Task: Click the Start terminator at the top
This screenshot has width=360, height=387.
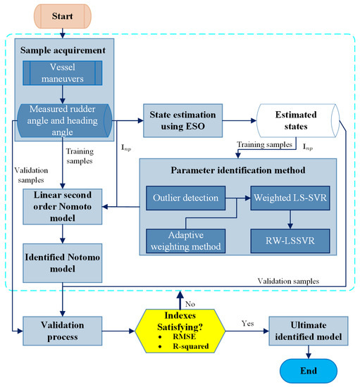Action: click(x=63, y=13)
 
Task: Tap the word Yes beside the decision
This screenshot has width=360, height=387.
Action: click(x=246, y=323)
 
